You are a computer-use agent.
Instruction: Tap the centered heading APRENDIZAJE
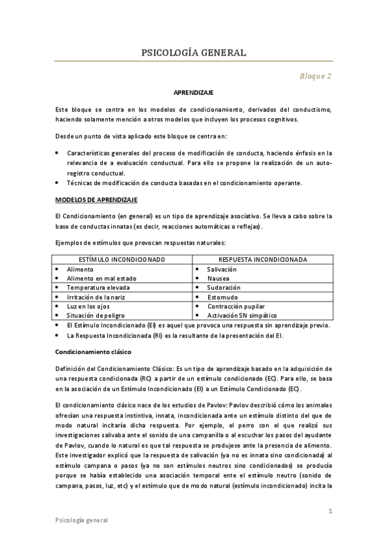click(x=193, y=93)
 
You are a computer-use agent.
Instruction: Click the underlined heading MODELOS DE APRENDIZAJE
click(x=96, y=201)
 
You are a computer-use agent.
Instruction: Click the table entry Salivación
click(x=222, y=269)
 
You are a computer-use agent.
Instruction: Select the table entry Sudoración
click(x=224, y=287)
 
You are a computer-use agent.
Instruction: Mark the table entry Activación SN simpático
click(x=242, y=315)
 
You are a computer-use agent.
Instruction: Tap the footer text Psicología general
click(x=81, y=520)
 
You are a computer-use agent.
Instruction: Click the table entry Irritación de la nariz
click(x=97, y=297)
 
